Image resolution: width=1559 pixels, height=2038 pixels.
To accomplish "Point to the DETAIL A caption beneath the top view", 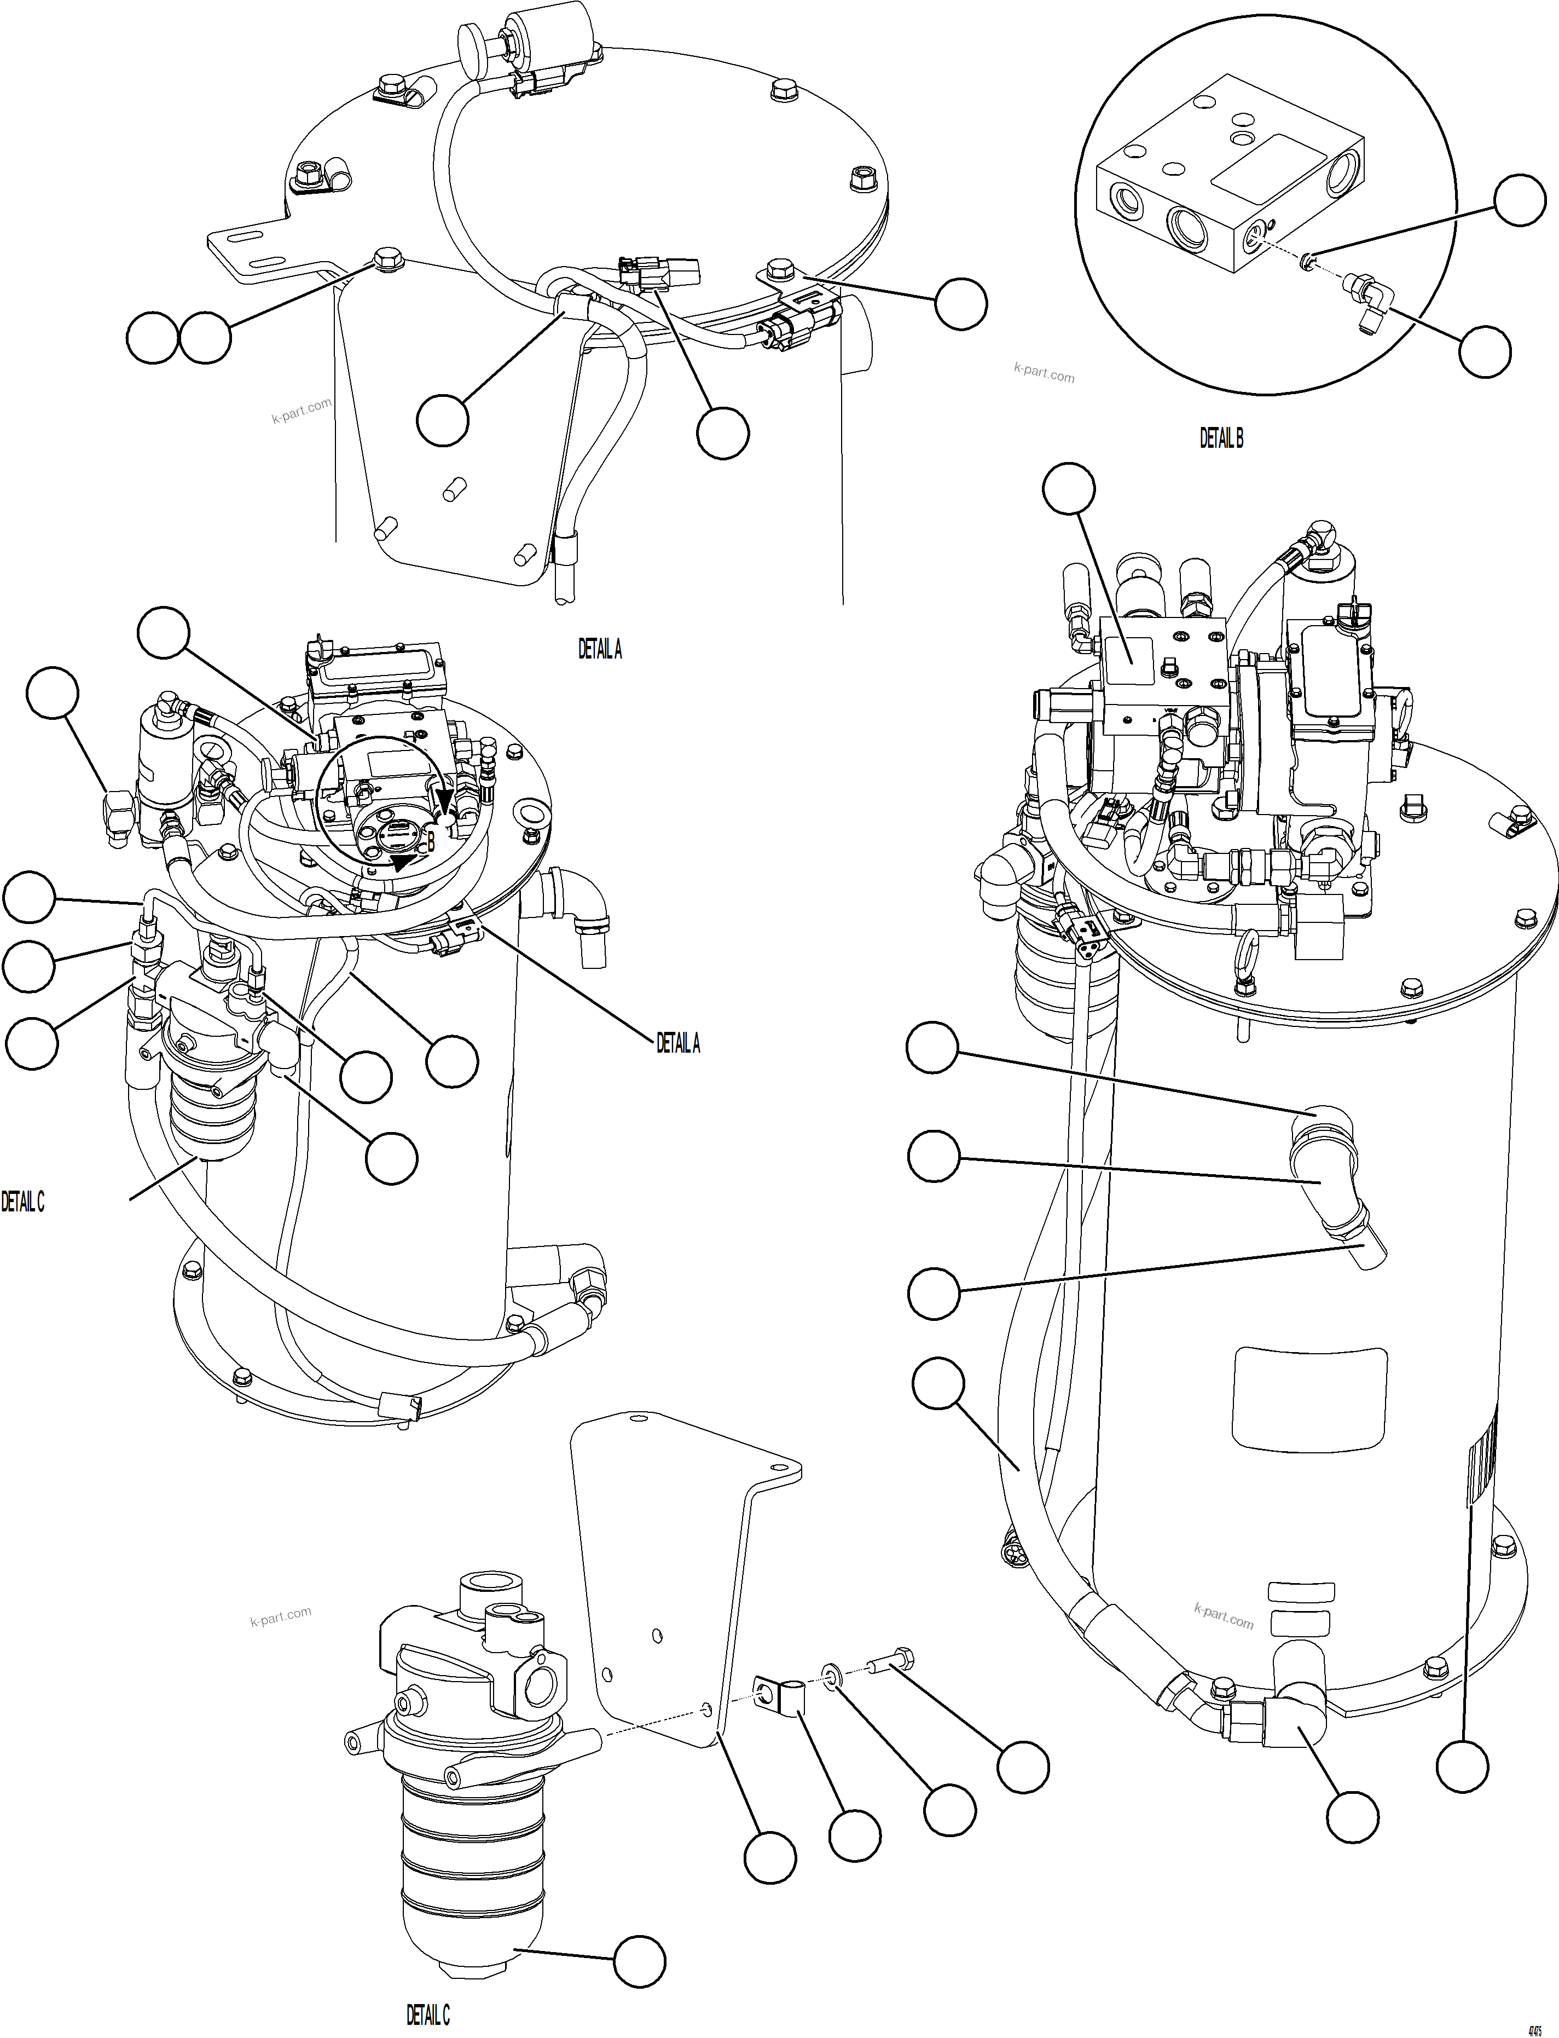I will point(600,650).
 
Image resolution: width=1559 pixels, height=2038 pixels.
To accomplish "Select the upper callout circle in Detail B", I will point(1519,200).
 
